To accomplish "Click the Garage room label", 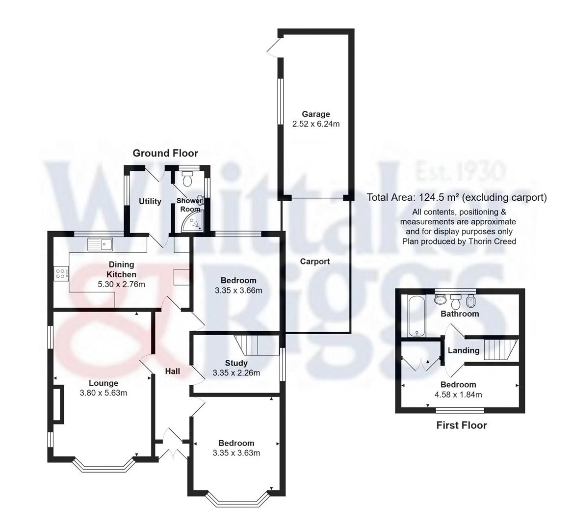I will pos(315,114).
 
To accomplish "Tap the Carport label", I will pos(315,262).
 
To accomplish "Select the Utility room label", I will pos(150,201).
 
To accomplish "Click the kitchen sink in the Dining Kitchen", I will pos(100,243).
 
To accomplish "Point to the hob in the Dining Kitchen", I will pos(61,273).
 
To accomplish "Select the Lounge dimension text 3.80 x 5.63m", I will pos(104,393).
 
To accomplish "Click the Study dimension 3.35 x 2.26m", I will pos(236,373).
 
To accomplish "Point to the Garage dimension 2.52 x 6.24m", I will pos(315,124).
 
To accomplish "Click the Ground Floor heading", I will pos(165,154).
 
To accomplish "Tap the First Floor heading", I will pos(462,425).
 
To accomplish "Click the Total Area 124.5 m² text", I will pos(456,198).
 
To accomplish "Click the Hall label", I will pos(172,371).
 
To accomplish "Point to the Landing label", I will pos(464,350).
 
